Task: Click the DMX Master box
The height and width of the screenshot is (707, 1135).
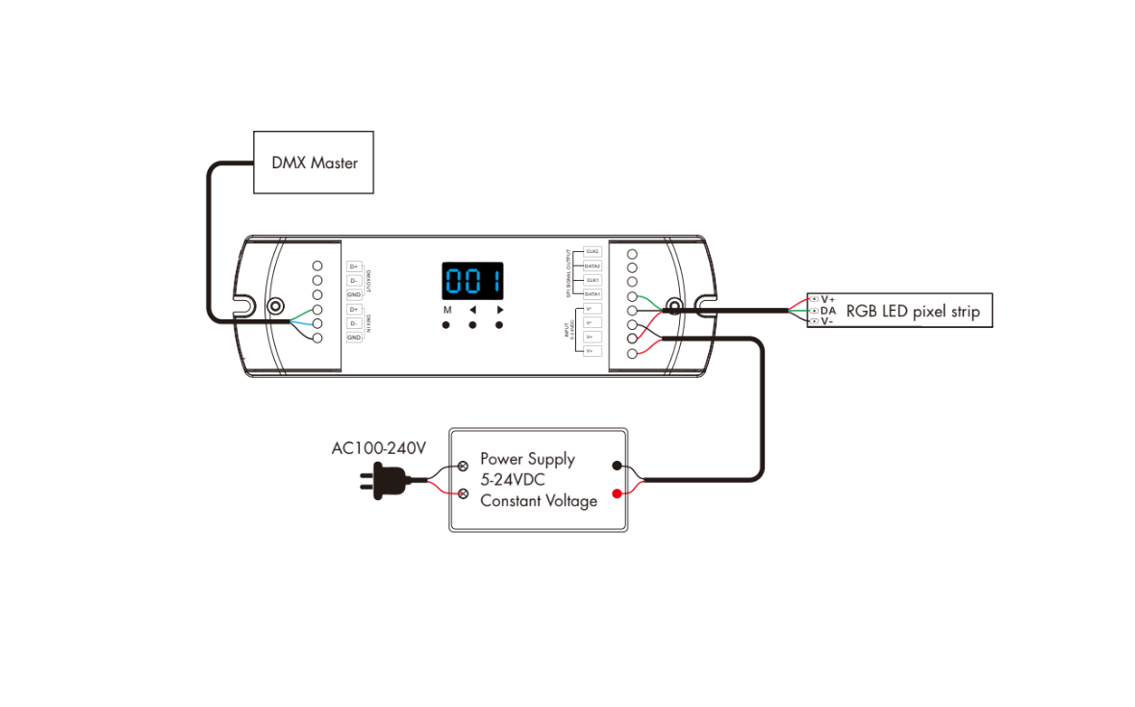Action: coord(314,163)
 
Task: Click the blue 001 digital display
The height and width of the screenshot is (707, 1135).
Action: coord(472,283)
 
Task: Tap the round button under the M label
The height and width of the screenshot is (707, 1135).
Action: coord(447,326)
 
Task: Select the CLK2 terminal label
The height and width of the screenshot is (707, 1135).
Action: coord(593,251)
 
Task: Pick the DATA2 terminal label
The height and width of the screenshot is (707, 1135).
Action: coord(593,265)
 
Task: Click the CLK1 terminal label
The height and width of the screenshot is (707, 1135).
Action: coord(593,280)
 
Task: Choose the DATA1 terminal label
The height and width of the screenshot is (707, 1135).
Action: coord(593,294)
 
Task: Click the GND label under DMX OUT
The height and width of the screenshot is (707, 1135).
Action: coord(354,294)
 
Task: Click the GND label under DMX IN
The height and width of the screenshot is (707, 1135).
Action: coord(354,338)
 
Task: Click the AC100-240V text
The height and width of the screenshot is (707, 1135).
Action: coord(378,448)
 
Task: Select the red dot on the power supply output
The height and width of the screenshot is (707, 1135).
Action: coord(617,493)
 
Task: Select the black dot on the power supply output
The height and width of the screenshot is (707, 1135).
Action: coord(617,466)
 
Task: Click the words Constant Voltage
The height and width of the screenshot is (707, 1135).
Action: coord(539,501)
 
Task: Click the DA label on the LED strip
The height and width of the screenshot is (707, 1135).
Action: coord(828,311)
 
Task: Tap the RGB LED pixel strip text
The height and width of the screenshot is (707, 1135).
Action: coord(913,312)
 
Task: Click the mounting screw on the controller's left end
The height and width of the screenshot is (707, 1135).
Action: coord(276,307)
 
